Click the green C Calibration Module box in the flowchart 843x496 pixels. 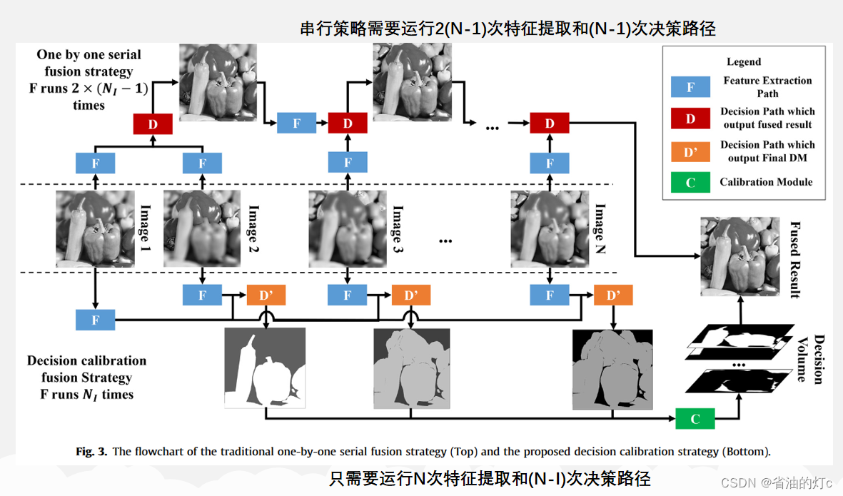tap(695, 418)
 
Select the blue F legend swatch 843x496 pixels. tap(690, 87)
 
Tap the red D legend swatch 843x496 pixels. tap(690, 118)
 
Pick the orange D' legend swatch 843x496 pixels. tap(690, 151)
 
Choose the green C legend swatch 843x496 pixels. tap(690, 183)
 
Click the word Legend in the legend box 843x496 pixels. tap(744, 62)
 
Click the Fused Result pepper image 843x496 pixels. tap(739, 256)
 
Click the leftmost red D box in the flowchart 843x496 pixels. tap(153, 123)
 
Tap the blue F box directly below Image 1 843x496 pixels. tap(96, 320)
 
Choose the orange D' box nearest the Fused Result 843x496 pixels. tap(612, 295)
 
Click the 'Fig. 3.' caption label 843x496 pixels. tap(91, 452)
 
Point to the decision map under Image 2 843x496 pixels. tap(265, 368)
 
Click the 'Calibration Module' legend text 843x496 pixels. tap(766, 183)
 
